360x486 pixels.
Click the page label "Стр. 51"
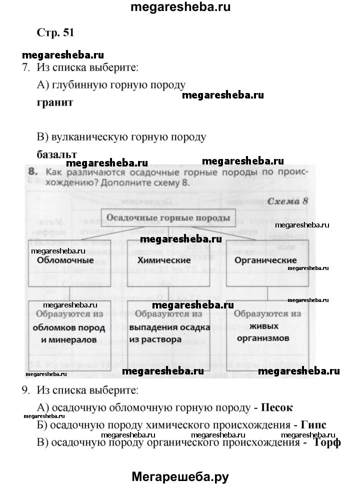(55, 33)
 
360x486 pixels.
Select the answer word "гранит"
(55, 102)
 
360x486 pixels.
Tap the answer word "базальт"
(57, 154)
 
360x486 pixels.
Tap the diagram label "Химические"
(164, 260)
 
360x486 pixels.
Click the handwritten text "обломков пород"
(69, 328)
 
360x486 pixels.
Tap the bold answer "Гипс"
(313, 425)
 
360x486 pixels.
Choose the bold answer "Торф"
(327, 442)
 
